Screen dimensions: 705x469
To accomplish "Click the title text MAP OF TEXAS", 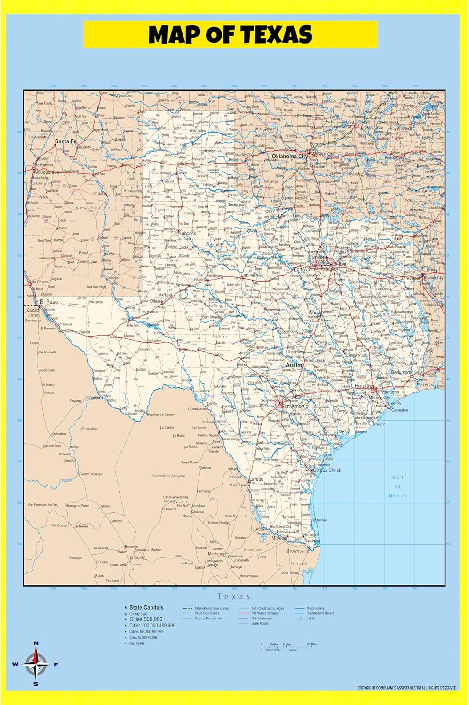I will pyautogui.click(x=231, y=35).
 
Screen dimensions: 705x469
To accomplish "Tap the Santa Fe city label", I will pyautogui.click(x=65, y=141).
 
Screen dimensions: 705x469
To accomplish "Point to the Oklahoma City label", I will pyautogui.click(x=290, y=156).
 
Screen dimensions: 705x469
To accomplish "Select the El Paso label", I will pyautogui.click(x=49, y=302).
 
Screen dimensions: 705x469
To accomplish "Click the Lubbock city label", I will pyautogui.click(x=187, y=233).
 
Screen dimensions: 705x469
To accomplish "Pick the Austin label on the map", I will pyautogui.click(x=294, y=365).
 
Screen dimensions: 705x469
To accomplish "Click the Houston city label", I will pyautogui.click(x=364, y=386).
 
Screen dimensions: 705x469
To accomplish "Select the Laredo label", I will pyautogui.click(x=257, y=479).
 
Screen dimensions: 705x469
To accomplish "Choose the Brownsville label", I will pyautogui.click(x=298, y=550).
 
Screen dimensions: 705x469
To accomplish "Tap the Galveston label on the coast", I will pyautogui.click(x=400, y=410).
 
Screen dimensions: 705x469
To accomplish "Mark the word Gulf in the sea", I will pyautogui.click(x=398, y=478).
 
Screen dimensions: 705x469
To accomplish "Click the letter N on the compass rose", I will pyautogui.click(x=36, y=643).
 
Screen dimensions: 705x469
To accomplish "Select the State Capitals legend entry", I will pyautogui.click(x=146, y=608).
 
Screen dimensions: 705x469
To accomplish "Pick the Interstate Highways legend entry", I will pyautogui.click(x=265, y=613).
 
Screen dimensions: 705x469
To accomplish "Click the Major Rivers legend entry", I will pyautogui.click(x=315, y=608).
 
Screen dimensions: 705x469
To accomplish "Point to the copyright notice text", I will pyautogui.click(x=406, y=688).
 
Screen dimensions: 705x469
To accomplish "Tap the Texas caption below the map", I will pyautogui.click(x=234, y=596).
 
